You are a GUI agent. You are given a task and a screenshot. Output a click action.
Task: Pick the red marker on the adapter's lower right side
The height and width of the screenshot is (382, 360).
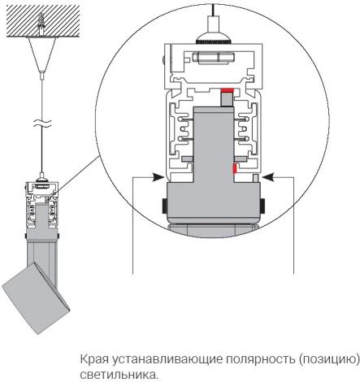tap(235, 169)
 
